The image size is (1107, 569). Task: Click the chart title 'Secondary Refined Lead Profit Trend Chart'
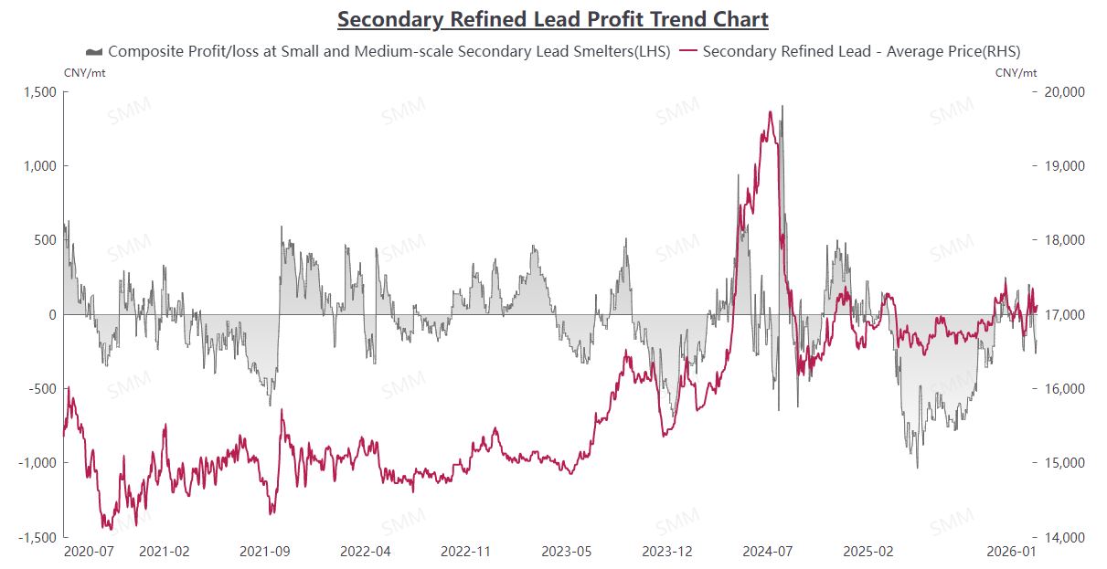[552, 19]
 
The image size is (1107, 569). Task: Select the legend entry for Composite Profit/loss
[378, 51]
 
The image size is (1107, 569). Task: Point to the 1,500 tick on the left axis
[40, 91]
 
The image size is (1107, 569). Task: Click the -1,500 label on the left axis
[37, 537]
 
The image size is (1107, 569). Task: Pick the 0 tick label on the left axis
[51, 314]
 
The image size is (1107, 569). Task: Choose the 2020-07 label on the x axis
[89, 552]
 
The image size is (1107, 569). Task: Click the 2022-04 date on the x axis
[366, 552]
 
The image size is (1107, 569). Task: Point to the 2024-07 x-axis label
[768, 552]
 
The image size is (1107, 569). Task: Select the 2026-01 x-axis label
[1011, 552]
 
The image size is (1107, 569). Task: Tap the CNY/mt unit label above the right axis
[1016, 72]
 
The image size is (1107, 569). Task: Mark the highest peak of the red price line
[772, 112]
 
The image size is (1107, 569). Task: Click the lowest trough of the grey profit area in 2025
[917, 468]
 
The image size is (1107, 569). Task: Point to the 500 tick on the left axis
[46, 240]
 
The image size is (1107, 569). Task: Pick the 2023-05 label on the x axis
[567, 552]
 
